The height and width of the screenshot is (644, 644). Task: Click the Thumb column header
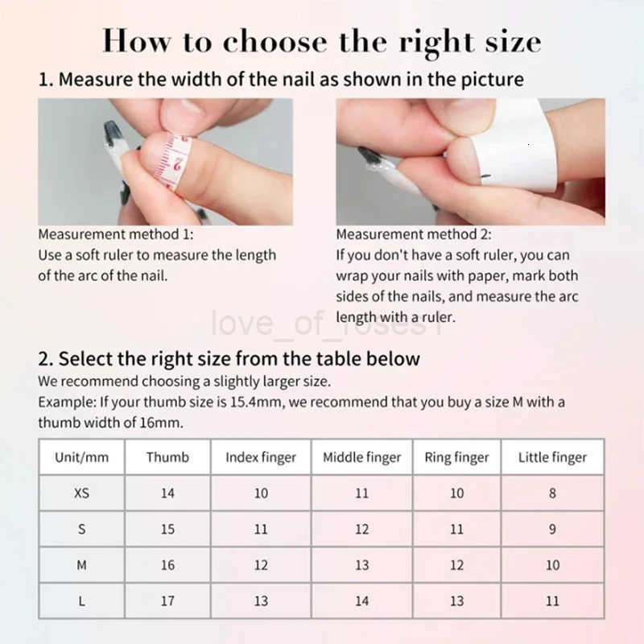click(167, 457)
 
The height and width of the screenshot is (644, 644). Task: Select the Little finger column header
click(552, 457)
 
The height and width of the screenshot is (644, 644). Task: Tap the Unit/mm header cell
click(81, 457)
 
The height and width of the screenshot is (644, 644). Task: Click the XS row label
click(81, 493)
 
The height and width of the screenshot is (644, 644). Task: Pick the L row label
click(81, 601)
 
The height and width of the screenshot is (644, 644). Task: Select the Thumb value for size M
click(167, 565)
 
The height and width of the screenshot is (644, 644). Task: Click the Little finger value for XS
click(552, 493)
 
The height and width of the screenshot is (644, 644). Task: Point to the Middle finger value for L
click(361, 601)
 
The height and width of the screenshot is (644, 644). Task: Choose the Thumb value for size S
click(167, 529)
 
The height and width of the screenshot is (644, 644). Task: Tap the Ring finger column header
click(456, 457)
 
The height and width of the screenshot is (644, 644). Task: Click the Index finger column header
click(261, 457)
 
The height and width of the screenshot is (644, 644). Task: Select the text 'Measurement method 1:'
click(116, 234)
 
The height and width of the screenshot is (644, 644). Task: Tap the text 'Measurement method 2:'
click(414, 234)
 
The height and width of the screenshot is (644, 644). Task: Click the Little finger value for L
click(552, 601)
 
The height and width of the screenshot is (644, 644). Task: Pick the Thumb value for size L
click(167, 601)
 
